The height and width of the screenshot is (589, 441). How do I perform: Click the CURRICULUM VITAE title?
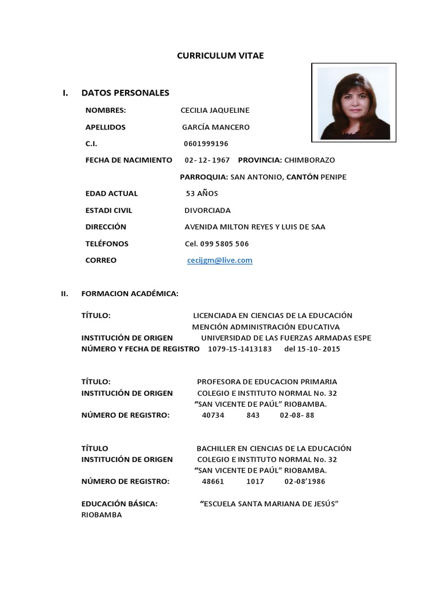pyautogui.click(x=220, y=55)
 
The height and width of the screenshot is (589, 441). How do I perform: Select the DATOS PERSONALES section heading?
pyautogui.click(x=125, y=93)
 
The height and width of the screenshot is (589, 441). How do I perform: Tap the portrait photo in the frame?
pyautogui.click(x=353, y=103)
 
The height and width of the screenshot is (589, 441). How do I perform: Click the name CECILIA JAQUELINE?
pyautogui.click(x=215, y=110)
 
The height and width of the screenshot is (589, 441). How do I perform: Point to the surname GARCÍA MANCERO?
pyautogui.click(x=216, y=127)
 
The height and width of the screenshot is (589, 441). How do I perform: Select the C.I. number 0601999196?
pyautogui.click(x=206, y=144)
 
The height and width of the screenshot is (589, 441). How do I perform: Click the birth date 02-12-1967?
pyautogui.click(x=207, y=160)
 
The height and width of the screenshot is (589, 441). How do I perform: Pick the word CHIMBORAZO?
pyautogui.click(x=310, y=160)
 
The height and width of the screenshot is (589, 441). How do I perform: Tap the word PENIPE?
pyautogui.click(x=334, y=177)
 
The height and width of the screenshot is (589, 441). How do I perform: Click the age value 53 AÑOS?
pyautogui.click(x=202, y=193)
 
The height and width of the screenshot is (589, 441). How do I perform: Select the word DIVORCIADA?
pyautogui.click(x=207, y=211)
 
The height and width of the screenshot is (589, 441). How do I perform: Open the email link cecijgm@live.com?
pyautogui.click(x=220, y=261)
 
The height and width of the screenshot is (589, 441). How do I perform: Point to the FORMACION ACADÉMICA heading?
pyautogui.click(x=130, y=294)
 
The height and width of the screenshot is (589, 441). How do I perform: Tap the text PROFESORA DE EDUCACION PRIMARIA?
pyautogui.click(x=266, y=382)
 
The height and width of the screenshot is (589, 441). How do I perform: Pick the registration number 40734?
pyautogui.click(x=213, y=415)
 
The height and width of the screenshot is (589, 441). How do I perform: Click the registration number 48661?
pyautogui.click(x=213, y=481)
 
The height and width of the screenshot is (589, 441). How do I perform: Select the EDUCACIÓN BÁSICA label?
pyautogui.click(x=119, y=504)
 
